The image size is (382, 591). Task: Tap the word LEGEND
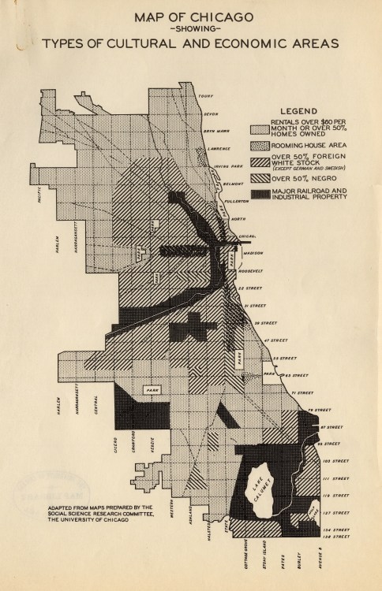click(300, 110)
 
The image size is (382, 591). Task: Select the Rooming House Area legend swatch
click(258, 144)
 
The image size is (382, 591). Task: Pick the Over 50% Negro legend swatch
click(258, 179)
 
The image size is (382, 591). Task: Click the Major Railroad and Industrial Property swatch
click(258, 193)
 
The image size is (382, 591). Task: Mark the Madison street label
click(252, 252)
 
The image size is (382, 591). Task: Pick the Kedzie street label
click(155, 439)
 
